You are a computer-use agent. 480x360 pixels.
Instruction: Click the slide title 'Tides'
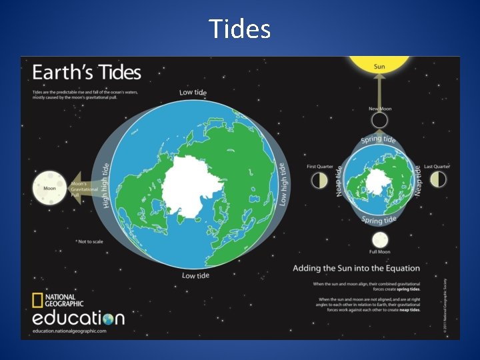239,29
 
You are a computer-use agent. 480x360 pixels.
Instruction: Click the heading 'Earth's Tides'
87,72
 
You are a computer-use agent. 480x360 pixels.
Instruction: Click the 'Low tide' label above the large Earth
193,92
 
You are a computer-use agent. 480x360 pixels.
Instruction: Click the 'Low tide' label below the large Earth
195,275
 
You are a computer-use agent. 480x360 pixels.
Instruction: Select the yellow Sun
379,64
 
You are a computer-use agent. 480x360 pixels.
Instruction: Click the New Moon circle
379,121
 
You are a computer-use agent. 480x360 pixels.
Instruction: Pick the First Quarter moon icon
320,180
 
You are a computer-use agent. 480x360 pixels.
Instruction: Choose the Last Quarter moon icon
438,179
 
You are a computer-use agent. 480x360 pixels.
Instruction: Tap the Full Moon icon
379,239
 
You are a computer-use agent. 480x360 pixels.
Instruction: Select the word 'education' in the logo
79,318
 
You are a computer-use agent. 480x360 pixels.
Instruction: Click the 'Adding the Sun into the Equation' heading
357,268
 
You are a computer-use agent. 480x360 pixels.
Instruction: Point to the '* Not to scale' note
90,241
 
